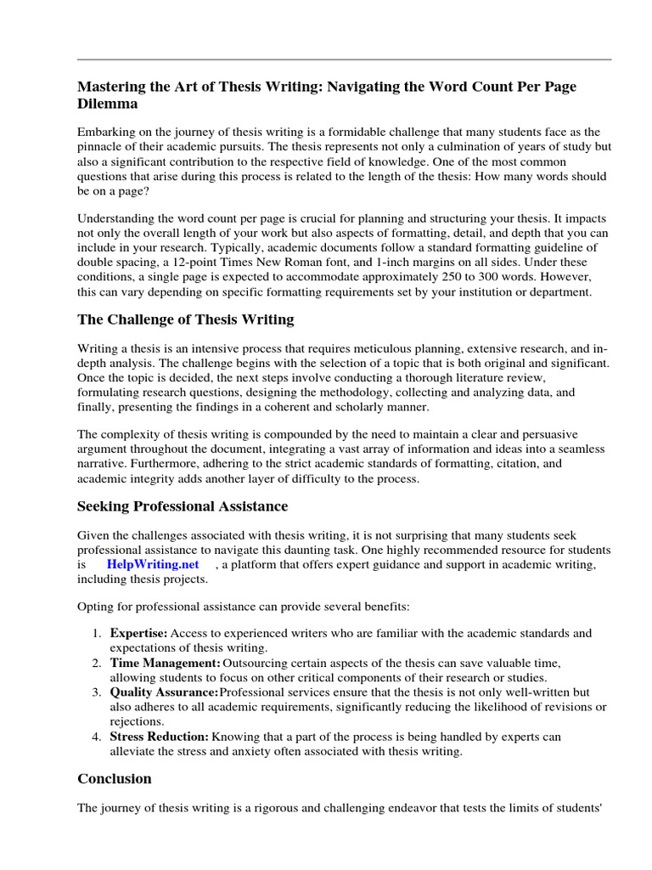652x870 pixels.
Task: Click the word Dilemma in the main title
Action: (108, 104)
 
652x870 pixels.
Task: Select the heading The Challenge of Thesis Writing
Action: (186, 319)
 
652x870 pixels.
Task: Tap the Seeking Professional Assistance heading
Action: (183, 506)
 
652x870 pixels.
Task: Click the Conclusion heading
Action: (115, 778)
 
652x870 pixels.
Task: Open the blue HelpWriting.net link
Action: (153, 564)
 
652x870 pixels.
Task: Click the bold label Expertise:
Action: (138, 634)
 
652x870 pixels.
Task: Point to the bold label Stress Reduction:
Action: (159, 736)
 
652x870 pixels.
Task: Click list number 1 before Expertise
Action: (97, 634)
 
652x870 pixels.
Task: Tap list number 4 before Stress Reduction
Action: (97, 736)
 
